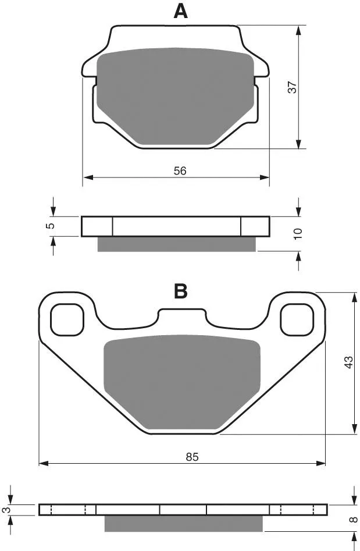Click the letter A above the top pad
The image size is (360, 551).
pyautogui.click(x=180, y=11)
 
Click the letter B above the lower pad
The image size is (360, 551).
pyautogui.click(x=180, y=291)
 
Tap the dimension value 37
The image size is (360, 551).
pyautogui.click(x=293, y=87)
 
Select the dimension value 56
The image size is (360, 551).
pyautogui.click(x=180, y=171)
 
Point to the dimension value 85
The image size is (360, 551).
pyautogui.click(x=192, y=457)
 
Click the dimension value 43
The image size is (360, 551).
pyautogui.click(x=348, y=362)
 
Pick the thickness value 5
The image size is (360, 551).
pyautogui.click(x=51, y=226)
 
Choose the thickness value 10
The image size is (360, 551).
pyautogui.click(x=298, y=234)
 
